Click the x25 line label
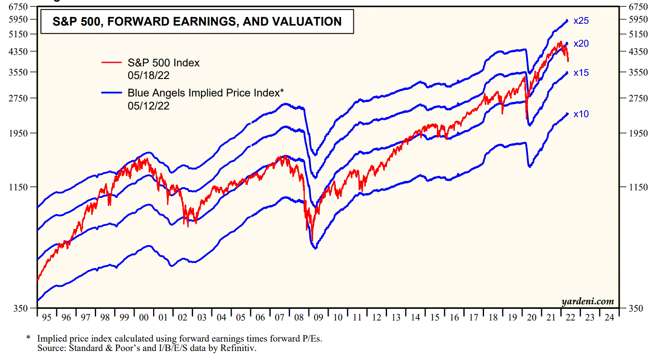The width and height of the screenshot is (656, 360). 581,21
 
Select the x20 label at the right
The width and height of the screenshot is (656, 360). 581,44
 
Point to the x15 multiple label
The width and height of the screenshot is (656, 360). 581,73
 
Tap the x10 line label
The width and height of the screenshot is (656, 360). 581,114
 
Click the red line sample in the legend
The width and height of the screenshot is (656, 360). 112,63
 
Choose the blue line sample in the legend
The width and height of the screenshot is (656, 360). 112,93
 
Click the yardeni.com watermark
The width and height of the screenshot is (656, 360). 587,302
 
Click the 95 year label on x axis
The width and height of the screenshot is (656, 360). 46,317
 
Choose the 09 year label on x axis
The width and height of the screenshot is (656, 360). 318,317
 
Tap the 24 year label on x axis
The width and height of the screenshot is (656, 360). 609,317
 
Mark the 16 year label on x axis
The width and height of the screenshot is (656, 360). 454,317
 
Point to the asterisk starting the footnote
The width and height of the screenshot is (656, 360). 28,338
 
